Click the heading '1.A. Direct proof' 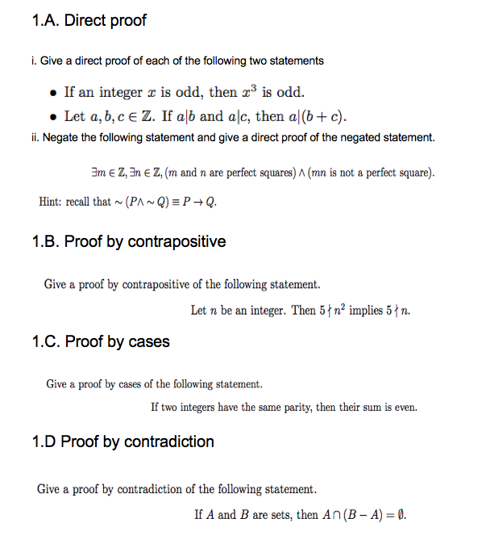(x=89, y=20)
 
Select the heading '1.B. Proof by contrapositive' (x=129, y=241)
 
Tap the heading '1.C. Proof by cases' (x=101, y=341)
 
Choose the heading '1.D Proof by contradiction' (x=123, y=441)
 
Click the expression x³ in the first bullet (x=250, y=90)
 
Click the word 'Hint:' (x=52, y=201)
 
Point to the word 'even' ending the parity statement (x=405, y=407)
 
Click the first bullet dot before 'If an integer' (x=52, y=92)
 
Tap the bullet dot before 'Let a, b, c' (x=52, y=116)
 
